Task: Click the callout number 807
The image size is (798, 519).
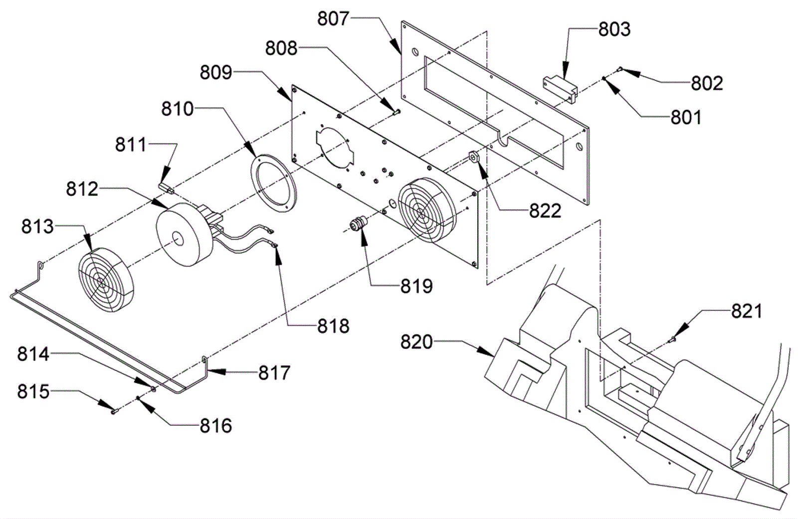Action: tap(333, 18)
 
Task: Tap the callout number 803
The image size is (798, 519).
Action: tap(614, 29)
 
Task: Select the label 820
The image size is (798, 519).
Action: tap(416, 342)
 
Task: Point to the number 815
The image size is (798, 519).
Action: tap(33, 391)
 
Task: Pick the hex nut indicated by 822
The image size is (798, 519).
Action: tap(473, 157)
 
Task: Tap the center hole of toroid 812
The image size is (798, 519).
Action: tap(177, 238)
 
